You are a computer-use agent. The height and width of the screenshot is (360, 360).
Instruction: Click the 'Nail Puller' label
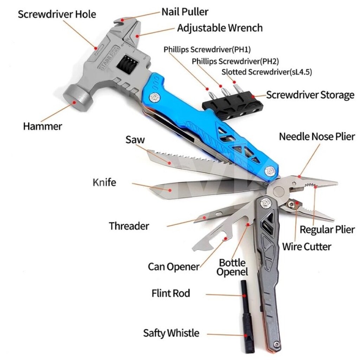[x=185, y=12]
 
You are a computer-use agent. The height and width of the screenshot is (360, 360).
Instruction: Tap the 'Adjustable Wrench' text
[x=220, y=28]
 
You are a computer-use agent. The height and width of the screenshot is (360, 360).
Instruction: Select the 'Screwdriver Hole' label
[x=57, y=14]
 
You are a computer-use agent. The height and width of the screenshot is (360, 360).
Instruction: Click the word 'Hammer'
[x=43, y=126]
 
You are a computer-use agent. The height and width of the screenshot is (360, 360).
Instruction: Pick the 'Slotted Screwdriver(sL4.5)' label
[x=266, y=72]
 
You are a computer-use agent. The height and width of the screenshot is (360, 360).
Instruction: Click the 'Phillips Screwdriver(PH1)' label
[x=207, y=50]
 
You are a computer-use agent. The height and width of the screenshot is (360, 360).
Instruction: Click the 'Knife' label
[x=104, y=182]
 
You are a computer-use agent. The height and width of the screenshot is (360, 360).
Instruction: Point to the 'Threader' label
[x=129, y=226]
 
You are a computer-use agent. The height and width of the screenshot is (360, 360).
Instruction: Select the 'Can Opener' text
[x=174, y=266]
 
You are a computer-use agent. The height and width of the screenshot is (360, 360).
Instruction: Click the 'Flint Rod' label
[x=171, y=293]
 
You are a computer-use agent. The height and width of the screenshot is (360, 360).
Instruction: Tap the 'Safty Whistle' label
[x=171, y=333]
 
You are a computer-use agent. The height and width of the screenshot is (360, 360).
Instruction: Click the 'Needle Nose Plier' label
[x=317, y=137]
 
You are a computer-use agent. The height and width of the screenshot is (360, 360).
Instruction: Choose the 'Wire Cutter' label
[x=307, y=247]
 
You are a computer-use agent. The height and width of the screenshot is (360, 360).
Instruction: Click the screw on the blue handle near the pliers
[x=269, y=171]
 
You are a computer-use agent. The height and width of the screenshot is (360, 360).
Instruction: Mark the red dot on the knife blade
[x=170, y=190]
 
